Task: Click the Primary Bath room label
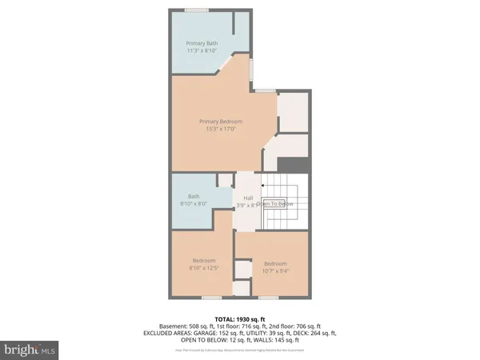tap(201, 43)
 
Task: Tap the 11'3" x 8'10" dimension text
tap(201, 51)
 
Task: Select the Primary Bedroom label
tap(221, 122)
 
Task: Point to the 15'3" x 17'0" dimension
tap(221, 130)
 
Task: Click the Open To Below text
tap(275, 204)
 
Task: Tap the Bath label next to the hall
tap(194, 196)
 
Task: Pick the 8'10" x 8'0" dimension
tap(194, 204)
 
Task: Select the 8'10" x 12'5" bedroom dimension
tap(204, 267)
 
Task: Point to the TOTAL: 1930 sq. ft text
tap(240, 318)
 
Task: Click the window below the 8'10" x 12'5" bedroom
tap(210, 298)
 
